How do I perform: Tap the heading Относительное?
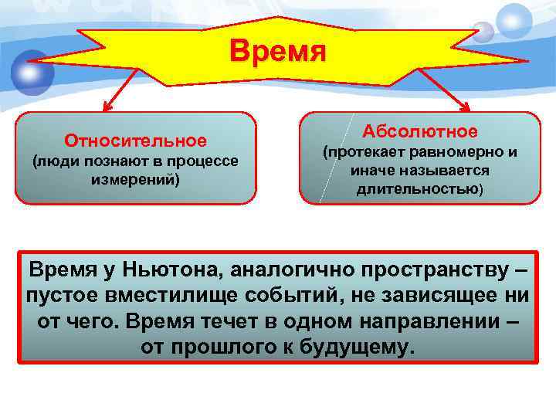[136, 141]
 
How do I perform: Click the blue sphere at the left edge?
[32, 73]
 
